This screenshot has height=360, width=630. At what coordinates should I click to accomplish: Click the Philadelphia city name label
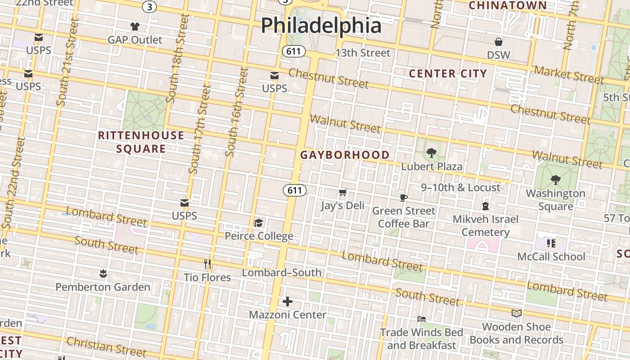pyautogui.click(x=321, y=25)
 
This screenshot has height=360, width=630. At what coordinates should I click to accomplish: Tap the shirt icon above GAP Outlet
pyautogui.click(x=135, y=27)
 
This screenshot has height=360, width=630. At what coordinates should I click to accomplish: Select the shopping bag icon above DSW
pyautogui.click(x=499, y=42)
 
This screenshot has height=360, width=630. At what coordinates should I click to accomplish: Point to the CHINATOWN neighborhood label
pyautogui.click(x=508, y=5)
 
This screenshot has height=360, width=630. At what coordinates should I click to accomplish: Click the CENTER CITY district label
pyautogui.click(x=448, y=74)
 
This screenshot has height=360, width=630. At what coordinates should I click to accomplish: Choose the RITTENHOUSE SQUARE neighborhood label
pyautogui.click(x=141, y=142)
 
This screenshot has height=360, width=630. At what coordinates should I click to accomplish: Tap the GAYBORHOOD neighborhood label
pyautogui.click(x=345, y=155)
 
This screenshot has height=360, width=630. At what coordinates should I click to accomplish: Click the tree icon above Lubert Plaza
pyautogui.click(x=431, y=153)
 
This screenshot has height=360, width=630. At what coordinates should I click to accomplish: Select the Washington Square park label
pyautogui.click(x=556, y=200)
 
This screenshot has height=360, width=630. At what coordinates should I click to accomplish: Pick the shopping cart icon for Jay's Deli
pyautogui.click(x=342, y=193)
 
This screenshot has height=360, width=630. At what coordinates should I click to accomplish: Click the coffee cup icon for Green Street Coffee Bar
pyautogui.click(x=404, y=198)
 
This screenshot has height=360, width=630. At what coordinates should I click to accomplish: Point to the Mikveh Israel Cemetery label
pyautogui.click(x=485, y=225)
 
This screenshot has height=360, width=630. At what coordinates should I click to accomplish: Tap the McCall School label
pyautogui.click(x=551, y=256)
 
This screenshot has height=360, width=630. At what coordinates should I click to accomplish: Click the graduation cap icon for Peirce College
pyautogui.click(x=258, y=223)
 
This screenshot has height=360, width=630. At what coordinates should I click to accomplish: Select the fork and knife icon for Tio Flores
pyautogui.click(x=207, y=264)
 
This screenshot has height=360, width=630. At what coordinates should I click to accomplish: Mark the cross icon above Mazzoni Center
pyautogui.click(x=288, y=301)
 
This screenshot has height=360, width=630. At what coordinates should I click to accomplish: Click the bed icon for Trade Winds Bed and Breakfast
pyautogui.click(x=421, y=319)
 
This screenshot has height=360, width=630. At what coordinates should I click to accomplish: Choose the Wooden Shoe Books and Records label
pyautogui.click(x=516, y=333)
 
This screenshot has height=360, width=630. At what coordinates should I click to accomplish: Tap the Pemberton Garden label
pyautogui.click(x=103, y=287)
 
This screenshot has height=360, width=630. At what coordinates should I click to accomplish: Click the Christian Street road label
pyautogui.click(x=106, y=346)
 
